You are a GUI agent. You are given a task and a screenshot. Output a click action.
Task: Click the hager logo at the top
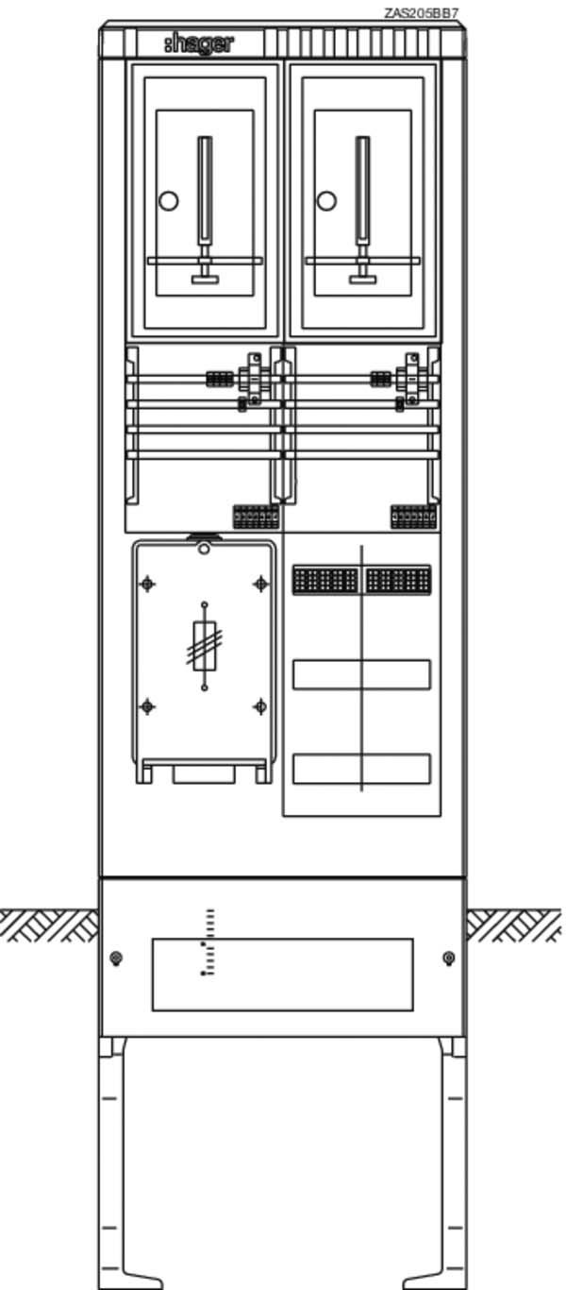[199, 43]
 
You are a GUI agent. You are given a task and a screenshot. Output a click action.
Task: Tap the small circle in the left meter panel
[169, 201]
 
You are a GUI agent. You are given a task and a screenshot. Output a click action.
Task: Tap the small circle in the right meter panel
[326, 201]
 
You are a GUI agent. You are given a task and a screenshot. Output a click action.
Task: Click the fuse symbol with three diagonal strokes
[205, 646]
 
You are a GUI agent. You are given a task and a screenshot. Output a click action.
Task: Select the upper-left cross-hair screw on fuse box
[147, 584]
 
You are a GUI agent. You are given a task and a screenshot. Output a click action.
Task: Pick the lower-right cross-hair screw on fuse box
[260, 706]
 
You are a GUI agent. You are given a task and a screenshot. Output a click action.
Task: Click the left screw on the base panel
[116, 959]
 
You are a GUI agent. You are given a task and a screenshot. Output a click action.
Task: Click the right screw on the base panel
[449, 959]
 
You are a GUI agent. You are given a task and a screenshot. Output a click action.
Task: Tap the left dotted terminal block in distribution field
[325, 580]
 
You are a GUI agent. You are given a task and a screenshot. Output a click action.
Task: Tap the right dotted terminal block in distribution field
[397, 580]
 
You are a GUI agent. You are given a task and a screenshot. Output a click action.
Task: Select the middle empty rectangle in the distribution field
[362, 675]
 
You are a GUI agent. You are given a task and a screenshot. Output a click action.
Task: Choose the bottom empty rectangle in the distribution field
[362, 769]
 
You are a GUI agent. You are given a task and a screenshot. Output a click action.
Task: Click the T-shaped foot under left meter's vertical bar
[205, 280]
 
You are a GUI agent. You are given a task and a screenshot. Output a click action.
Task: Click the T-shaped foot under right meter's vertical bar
[362, 280]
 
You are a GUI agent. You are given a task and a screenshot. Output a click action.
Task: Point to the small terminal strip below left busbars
[256, 517]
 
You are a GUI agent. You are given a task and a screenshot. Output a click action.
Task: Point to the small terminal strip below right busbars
[413, 517]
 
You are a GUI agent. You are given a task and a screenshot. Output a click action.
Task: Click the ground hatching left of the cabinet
[49, 925]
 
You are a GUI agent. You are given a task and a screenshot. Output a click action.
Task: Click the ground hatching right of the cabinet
[514, 925]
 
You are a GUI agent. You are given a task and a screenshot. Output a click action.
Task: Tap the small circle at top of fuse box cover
[204, 550]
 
